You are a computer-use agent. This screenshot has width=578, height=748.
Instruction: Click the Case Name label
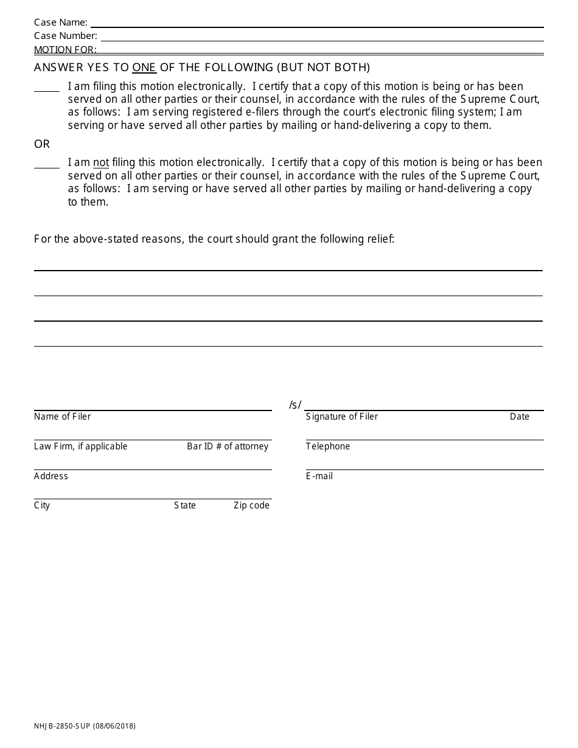pos(60,23)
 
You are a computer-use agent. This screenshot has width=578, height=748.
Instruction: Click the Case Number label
pos(65,36)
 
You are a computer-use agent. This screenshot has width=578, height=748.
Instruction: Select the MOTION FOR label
pos(65,50)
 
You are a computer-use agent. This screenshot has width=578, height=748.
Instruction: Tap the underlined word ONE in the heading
pos(144,68)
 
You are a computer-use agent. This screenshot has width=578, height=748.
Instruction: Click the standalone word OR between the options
pos(42,144)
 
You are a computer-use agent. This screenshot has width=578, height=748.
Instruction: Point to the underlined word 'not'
pos(101,162)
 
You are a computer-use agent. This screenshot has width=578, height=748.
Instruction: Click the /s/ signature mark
pos(295,405)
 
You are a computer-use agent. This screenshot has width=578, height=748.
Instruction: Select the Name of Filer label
pos(63,417)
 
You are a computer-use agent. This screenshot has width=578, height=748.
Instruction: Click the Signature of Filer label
pos(342,417)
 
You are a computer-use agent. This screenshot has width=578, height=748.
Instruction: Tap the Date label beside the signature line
pos(520,417)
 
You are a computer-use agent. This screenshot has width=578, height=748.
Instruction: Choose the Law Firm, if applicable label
pos(81,446)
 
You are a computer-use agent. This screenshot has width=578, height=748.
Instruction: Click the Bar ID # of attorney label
pos(228,446)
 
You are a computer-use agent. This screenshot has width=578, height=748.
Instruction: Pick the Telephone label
pos(328,446)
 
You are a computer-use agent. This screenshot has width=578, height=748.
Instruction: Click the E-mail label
pos(319,476)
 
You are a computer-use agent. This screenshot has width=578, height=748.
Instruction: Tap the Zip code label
pos(251,505)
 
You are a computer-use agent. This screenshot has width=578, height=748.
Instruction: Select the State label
pos(185,505)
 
